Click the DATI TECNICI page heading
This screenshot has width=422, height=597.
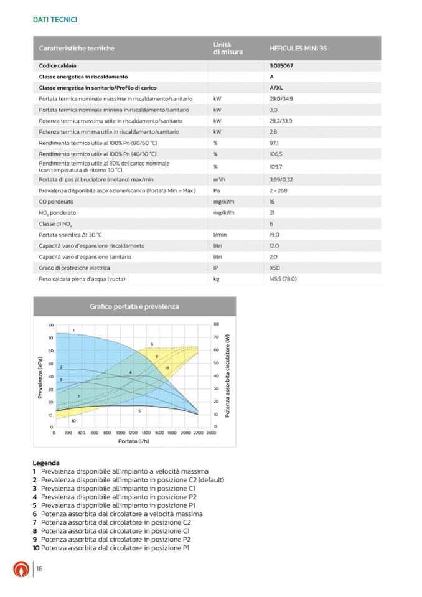pyautogui.click(x=55, y=19)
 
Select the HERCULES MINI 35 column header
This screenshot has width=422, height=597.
pyautogui.click(x=298, y=48)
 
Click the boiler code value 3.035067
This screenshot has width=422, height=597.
pyautogui.click(x=282, y=65)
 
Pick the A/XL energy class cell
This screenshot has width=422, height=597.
pyautogui.click(x=276, y=88)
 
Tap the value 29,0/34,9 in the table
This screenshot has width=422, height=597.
pyautogui.click(x=282, y=99)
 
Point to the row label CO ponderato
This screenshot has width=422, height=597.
pyautogui.click(x=56, y=202)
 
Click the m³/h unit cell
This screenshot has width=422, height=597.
pyautogui.click(x=218, y=179)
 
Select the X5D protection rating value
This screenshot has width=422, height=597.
pyautogui.click(x=275, y=268)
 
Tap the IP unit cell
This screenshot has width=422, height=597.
pyautogui.click(x=215, y=268)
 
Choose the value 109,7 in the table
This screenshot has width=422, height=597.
pyautogui.click(x=276, y=167)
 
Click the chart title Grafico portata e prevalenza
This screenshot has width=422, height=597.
pyautogui.click(x=134, y=306)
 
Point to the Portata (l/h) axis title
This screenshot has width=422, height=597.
pyautogui.click(x=134, y=441)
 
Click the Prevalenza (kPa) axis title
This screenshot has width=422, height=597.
pyautogui.click(x=40, y=377)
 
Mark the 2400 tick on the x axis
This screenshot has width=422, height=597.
pyautogui.click(x=210, y=432)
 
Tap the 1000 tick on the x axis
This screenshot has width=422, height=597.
pyautogui.click(x=121, y=432)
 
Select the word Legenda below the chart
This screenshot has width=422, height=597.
pyautogui.click(x=46, y=463)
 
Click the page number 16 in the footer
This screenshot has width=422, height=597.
pyautogui.click(x=39, y=569)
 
